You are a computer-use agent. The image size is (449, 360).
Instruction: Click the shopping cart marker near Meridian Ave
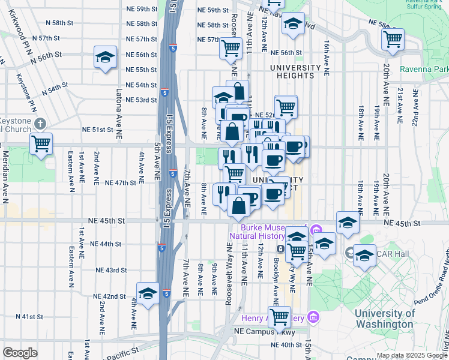41,143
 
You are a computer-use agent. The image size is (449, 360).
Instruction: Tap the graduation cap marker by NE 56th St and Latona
105,58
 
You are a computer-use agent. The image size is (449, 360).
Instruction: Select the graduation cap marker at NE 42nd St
148,293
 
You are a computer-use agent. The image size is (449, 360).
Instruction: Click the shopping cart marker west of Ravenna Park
392,39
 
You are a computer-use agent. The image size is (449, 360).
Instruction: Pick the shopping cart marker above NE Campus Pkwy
279,317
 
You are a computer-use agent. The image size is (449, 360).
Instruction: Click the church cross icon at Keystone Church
40,124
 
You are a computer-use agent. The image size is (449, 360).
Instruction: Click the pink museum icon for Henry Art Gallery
313,316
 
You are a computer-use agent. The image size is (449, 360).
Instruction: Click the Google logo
20,353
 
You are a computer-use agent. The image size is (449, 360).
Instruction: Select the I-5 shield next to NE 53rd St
164,92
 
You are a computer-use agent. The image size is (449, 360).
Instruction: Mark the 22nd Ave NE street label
415,108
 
